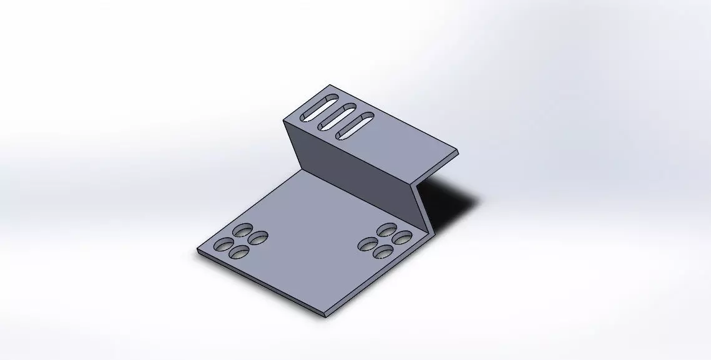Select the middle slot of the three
(x=338, y=115)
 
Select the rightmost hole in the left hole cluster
(x=258, y=237)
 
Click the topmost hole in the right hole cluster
(x=387, y=228)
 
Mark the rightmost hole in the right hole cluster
(x=403, y=237)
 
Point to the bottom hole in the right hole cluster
(x=385, y=252)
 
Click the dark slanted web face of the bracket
(x=350, y=175)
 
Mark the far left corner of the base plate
(x=198, y=251)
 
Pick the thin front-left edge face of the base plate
(x=259, y=285)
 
